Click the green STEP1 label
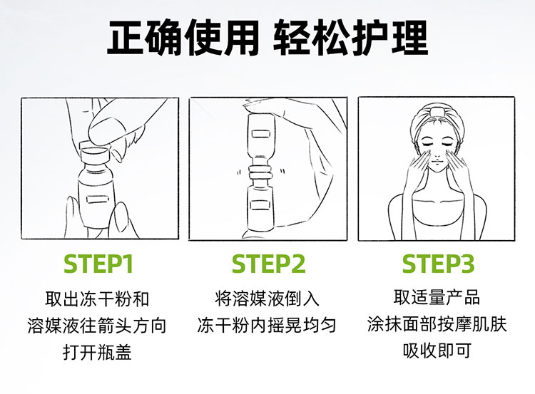click(98, 264)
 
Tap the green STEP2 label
click(268, 264)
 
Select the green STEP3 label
click(438, 264)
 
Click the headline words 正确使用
click(183, 38)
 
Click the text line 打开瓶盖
click(98, 352)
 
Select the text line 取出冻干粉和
click(98, 299)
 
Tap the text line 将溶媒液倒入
click(267, 299)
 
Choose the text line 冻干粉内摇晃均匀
click(267, 325)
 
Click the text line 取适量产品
click(437, 297)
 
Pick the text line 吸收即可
click(437, 350)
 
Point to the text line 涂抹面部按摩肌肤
click(437, 323)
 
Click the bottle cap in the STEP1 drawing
click(94, 152)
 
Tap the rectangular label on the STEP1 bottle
click(97, 199)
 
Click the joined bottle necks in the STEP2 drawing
click(260, 173)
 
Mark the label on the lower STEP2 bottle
click(260, 205)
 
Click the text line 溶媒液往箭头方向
click(97, 325)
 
